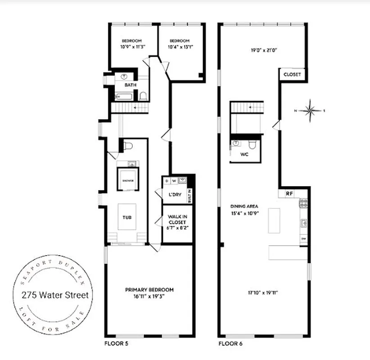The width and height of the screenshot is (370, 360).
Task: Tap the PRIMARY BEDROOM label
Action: pyautogui.click(x=149, y=290)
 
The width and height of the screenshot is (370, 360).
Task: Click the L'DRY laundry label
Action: pyautogui.click(x=175, y=195)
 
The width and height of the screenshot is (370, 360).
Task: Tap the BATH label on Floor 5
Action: pyautogui.click(x=131, y=85)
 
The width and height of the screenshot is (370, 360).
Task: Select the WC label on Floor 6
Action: pyautogui.click(x=245, y=154)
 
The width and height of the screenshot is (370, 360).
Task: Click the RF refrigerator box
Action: pyautogui.click(x=289, y=193)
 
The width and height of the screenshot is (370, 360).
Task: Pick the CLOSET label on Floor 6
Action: pyautogui.click(x=292, y=74)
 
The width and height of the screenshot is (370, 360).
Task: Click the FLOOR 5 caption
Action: pyautogui.click(x=116, y=343)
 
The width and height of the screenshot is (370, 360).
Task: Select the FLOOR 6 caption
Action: pyautogui.click(x=230, y=343)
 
